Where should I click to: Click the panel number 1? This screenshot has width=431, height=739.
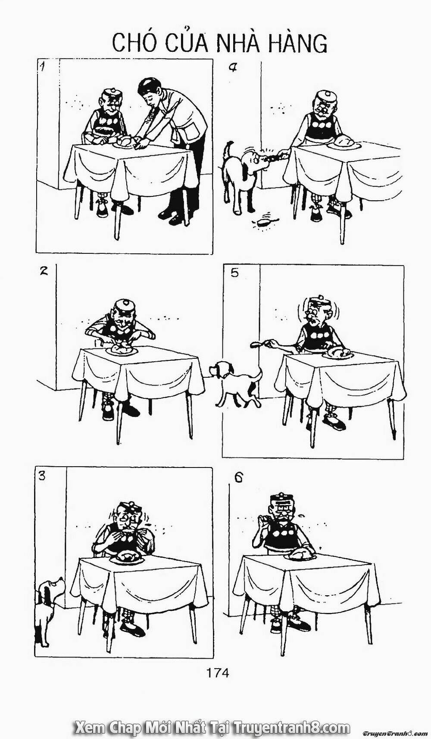[43, 66]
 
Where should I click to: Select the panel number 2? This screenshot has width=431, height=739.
[43, 272]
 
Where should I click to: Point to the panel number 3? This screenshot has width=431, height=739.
[42, 477]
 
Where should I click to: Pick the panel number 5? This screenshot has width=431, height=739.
[234, 273]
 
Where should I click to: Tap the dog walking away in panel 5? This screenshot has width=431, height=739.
[235, 382]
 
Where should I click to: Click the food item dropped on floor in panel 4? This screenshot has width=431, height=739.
[262, 223]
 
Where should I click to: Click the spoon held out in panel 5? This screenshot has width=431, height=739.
[258, 344]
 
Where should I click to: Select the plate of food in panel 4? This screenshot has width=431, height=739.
[344, 143]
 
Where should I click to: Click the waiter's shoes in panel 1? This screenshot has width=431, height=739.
[172, 216]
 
